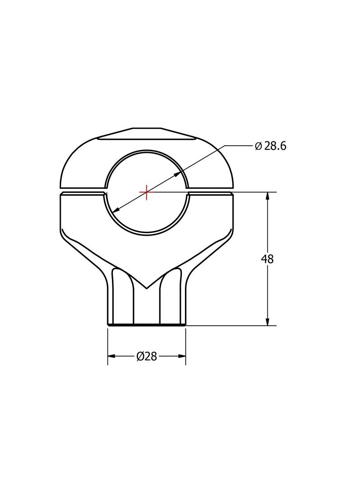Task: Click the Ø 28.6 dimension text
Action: pyautogui.click(x=270, y=146)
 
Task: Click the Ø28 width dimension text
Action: pyautogui.click(x=147, y=356)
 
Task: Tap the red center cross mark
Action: pyautogui.click(x=147, y=192)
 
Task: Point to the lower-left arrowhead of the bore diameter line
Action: pyautogui.click(x=115, y=210)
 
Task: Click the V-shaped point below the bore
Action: pyautogui.click(x=147, y=287)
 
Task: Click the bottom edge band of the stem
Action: pyautogui.click(x=147, y=324)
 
